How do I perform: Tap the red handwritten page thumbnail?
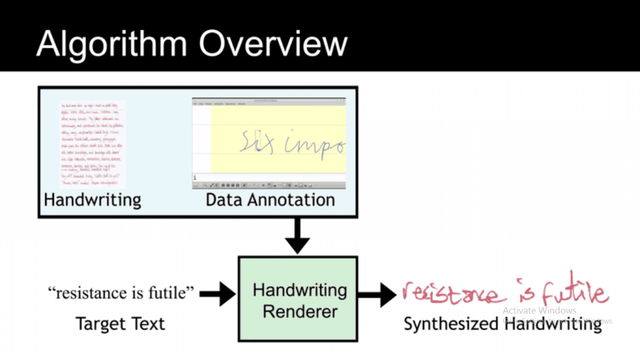click(92, 144)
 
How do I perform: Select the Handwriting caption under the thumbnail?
click(92, 200)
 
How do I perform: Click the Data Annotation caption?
click(269, 200)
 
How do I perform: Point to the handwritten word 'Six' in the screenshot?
click(257, 142)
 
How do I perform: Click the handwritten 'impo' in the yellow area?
click(316, 144)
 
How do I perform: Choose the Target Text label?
click(120, 324)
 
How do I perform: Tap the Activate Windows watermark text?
click(539, 311)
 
